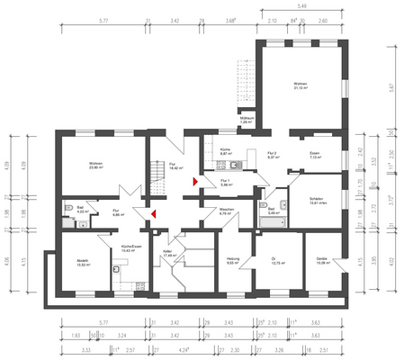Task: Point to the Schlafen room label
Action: point(316,202)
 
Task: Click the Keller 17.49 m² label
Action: point(166,254)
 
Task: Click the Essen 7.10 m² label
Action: point(315,156)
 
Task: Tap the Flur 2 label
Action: point(274,156)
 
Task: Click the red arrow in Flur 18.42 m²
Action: point(193,183)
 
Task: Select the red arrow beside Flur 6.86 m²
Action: point(154,213)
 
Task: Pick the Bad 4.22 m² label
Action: point(79,210)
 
